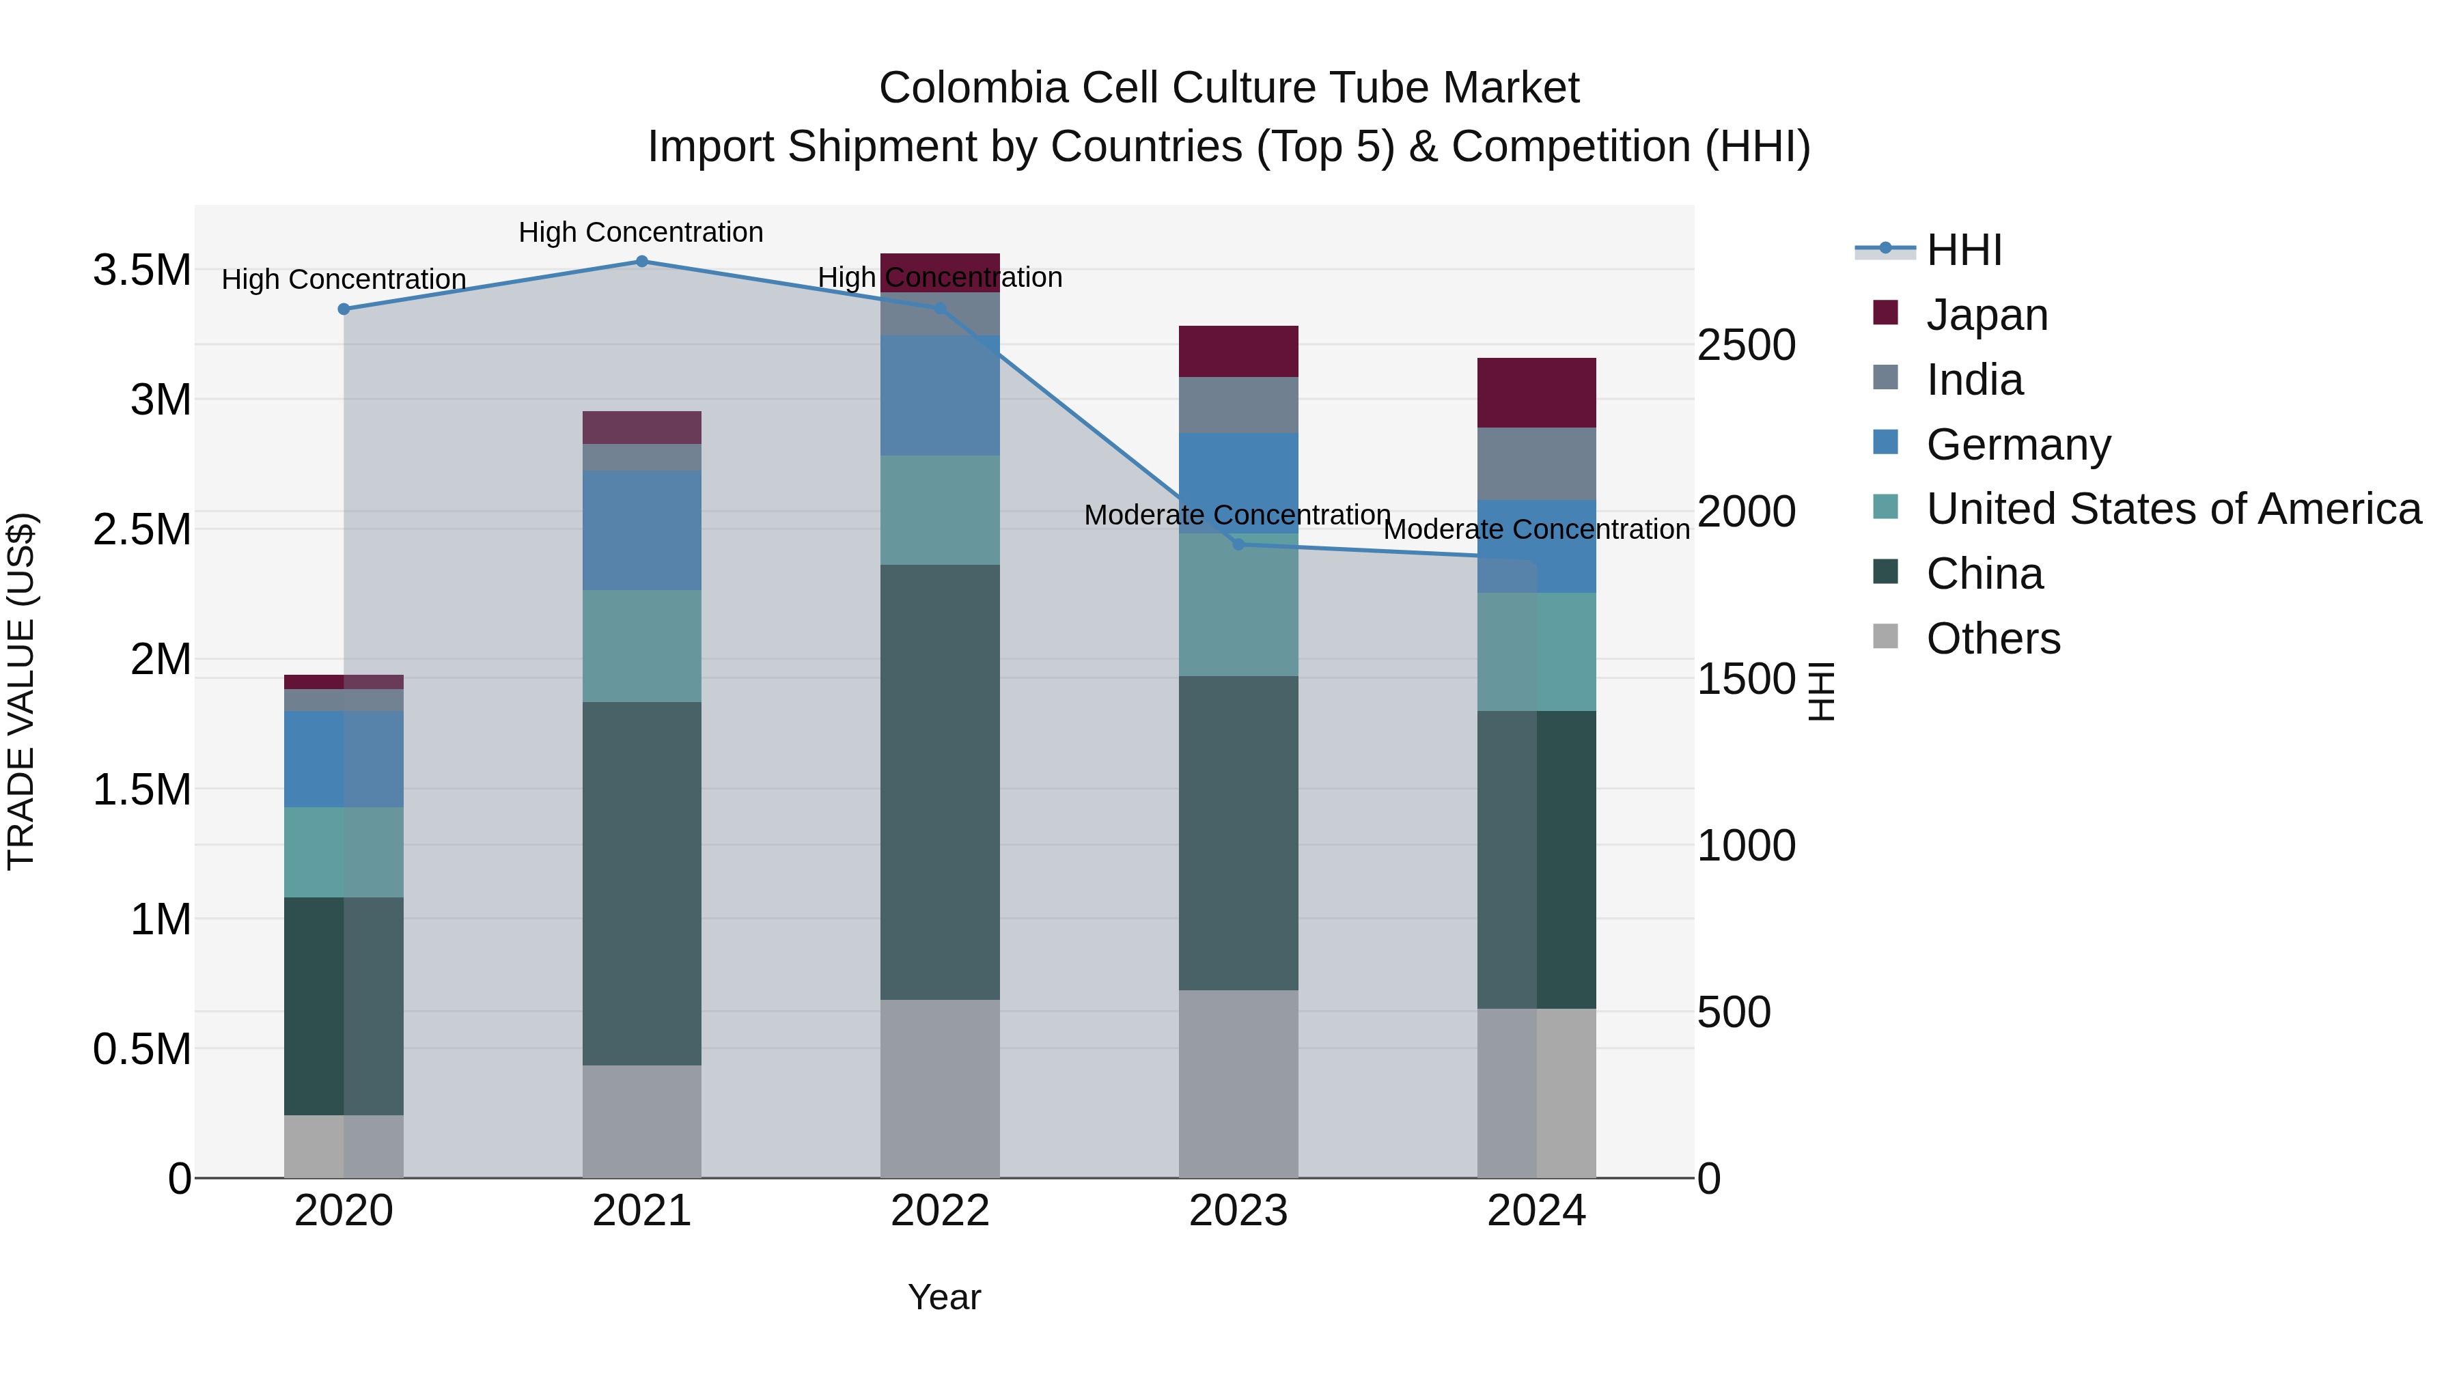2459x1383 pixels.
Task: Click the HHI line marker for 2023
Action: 1238,544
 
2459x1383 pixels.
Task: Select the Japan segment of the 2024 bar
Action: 1536,392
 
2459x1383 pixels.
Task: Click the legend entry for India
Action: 1974,380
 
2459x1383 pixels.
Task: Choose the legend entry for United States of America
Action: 2173,509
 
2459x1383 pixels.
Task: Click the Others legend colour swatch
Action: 1885,637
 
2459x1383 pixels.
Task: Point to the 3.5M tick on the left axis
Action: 142,270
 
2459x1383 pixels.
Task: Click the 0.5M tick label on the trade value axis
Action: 142,1049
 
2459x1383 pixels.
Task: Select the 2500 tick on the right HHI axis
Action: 1746,345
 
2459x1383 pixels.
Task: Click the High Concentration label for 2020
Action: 344,279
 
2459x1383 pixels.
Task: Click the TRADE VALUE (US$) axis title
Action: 21,691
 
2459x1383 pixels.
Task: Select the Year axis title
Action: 943,1297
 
